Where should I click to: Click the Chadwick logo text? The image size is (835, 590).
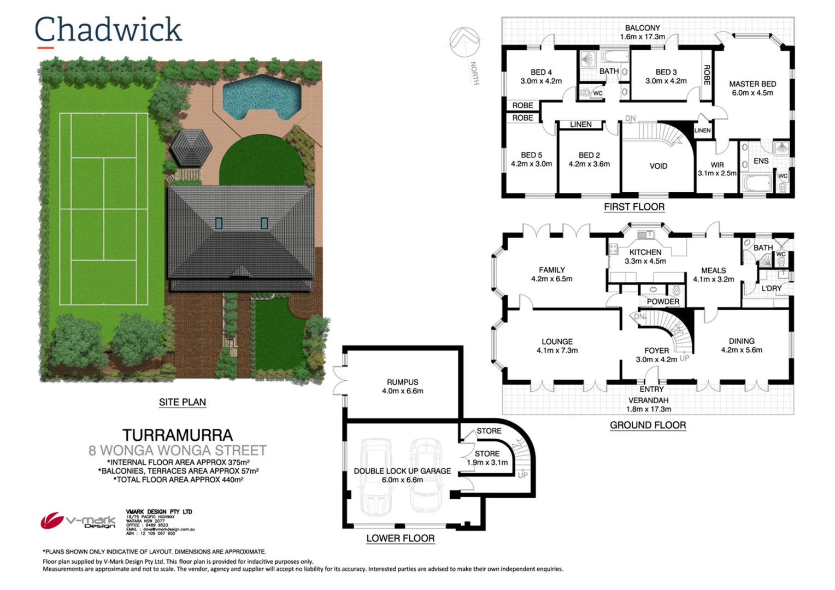(x=108, y=30)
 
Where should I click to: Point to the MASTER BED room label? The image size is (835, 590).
(x=752, y=88)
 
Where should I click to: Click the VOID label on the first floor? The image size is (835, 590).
(x=658, y=166)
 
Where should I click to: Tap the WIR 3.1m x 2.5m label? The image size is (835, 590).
(x=716, y=169)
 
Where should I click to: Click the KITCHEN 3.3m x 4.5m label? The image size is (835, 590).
(x=645, y=256)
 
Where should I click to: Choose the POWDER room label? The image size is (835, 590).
(x=662, y=302)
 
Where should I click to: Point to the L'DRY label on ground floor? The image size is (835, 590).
(x=771, y=288)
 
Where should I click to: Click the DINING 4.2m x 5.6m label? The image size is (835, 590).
(x=741, y=345)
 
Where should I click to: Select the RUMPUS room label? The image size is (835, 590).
(x=402, y=386)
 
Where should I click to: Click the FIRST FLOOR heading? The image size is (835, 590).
(x=634, y=207)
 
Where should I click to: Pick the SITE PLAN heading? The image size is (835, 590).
(x=182, y=402)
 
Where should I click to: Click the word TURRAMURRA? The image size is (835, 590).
(x=178, y=435)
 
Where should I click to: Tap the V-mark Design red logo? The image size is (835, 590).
(x=52, y=520)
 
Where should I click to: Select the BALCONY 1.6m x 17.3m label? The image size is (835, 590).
(x=642, y=32)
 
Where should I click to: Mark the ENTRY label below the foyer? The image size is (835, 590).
(x=651, y=389)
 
